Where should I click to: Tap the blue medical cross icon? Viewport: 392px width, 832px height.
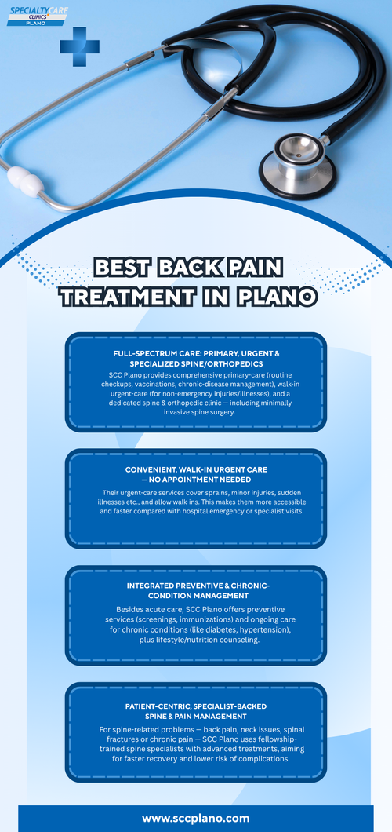click(x=79, y=46)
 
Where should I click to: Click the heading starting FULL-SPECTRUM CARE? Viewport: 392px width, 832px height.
click(x=196, y=354)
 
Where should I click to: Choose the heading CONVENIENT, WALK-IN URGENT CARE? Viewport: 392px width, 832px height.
click(x=196, y=469)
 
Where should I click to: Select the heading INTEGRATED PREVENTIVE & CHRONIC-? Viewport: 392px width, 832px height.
click(x=196, y=586)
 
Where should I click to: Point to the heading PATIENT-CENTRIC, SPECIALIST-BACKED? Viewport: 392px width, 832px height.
click(x=196, y=706)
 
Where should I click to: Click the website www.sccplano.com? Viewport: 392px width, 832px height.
click(x=196, y=818)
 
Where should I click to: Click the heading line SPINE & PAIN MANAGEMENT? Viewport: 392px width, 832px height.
click(x=196, y=716)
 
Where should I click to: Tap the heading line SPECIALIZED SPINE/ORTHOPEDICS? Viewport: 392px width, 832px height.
click(x=196, y=364)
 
